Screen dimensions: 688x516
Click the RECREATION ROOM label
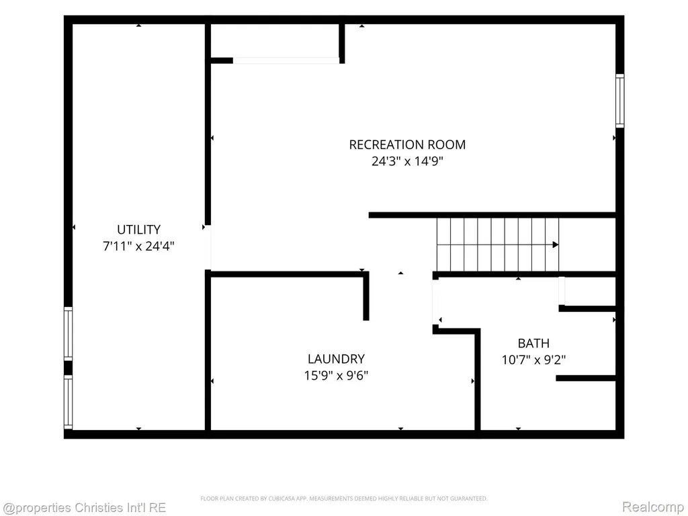[x=407, y=144]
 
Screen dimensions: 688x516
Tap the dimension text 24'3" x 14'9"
[x=407, y=161]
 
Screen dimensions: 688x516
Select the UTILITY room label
[x=138, y=230]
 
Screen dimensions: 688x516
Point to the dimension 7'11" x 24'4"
[x=138, y=246]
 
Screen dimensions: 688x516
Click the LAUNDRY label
[x=336, y=359]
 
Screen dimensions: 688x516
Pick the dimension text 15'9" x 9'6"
[x=336, y=376]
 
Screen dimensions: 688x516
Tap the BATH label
[x=533, y=343]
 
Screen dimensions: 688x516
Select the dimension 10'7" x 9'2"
[x=533, y=360]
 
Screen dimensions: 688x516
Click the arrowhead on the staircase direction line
[x=556, y=245]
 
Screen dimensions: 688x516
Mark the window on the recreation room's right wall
[x=619, y=101]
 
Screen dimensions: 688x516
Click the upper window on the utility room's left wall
[x=68, y=334]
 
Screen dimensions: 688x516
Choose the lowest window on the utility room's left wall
[x=68, y=402]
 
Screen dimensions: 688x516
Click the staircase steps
[x=498, y=245]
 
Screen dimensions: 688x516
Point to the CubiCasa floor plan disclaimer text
[x=343, y=499]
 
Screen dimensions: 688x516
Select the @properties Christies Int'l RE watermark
[x=84, y=508]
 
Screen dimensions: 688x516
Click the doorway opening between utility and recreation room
[x=208, y=247]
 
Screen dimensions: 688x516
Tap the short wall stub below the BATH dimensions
[x=586, y=378]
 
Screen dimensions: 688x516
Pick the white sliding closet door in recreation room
[x=286, y=60]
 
